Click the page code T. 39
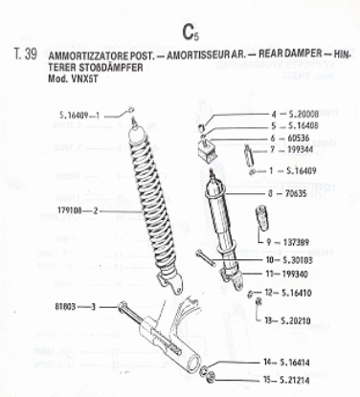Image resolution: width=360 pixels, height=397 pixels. coord(26,55)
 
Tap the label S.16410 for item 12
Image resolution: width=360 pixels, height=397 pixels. coord(303,291)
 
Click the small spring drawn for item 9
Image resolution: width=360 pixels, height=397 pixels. coord(259,222)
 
